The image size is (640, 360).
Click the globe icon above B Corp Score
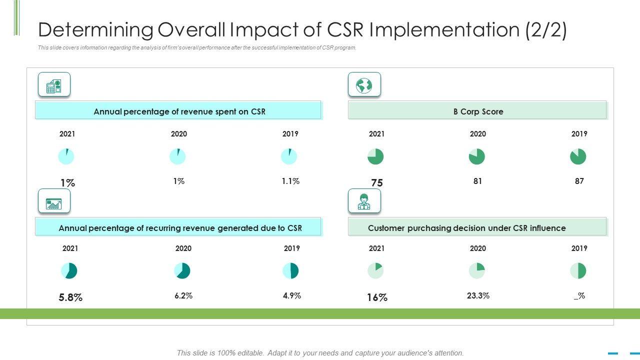click(x=364, y=85)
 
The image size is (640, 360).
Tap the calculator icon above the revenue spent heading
click(x=54, y=85)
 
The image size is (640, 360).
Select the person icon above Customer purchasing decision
click(x=364, y=201)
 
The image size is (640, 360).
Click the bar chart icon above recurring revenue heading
click(x=54, y=201)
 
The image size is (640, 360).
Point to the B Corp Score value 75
click(x=377, y=183)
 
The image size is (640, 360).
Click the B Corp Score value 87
click(x=579, y=181)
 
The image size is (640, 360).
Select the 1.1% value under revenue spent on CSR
click(x=290, y=181)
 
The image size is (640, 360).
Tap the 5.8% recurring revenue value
click(x=70, y=297)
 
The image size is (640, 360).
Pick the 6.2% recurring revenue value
click(x=183, y=295)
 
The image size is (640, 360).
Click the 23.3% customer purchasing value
click(x=478, y=295)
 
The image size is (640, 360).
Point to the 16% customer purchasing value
click(x=377, y=297)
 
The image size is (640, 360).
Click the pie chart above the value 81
click(x=477, y=156)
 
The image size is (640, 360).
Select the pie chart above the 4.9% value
click(x=290, y=271)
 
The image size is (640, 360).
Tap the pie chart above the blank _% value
click(x=578, y=271)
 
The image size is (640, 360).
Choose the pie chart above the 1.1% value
click(x=289, y=156)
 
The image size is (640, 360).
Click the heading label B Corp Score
click(x=478, y=111)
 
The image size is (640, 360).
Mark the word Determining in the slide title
click(x=95, y=30)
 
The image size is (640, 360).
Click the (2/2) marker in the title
click(x=546, y=30)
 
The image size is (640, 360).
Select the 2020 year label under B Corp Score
click(x=478, y=134)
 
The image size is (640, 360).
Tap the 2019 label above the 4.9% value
click(x=292, y=248)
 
